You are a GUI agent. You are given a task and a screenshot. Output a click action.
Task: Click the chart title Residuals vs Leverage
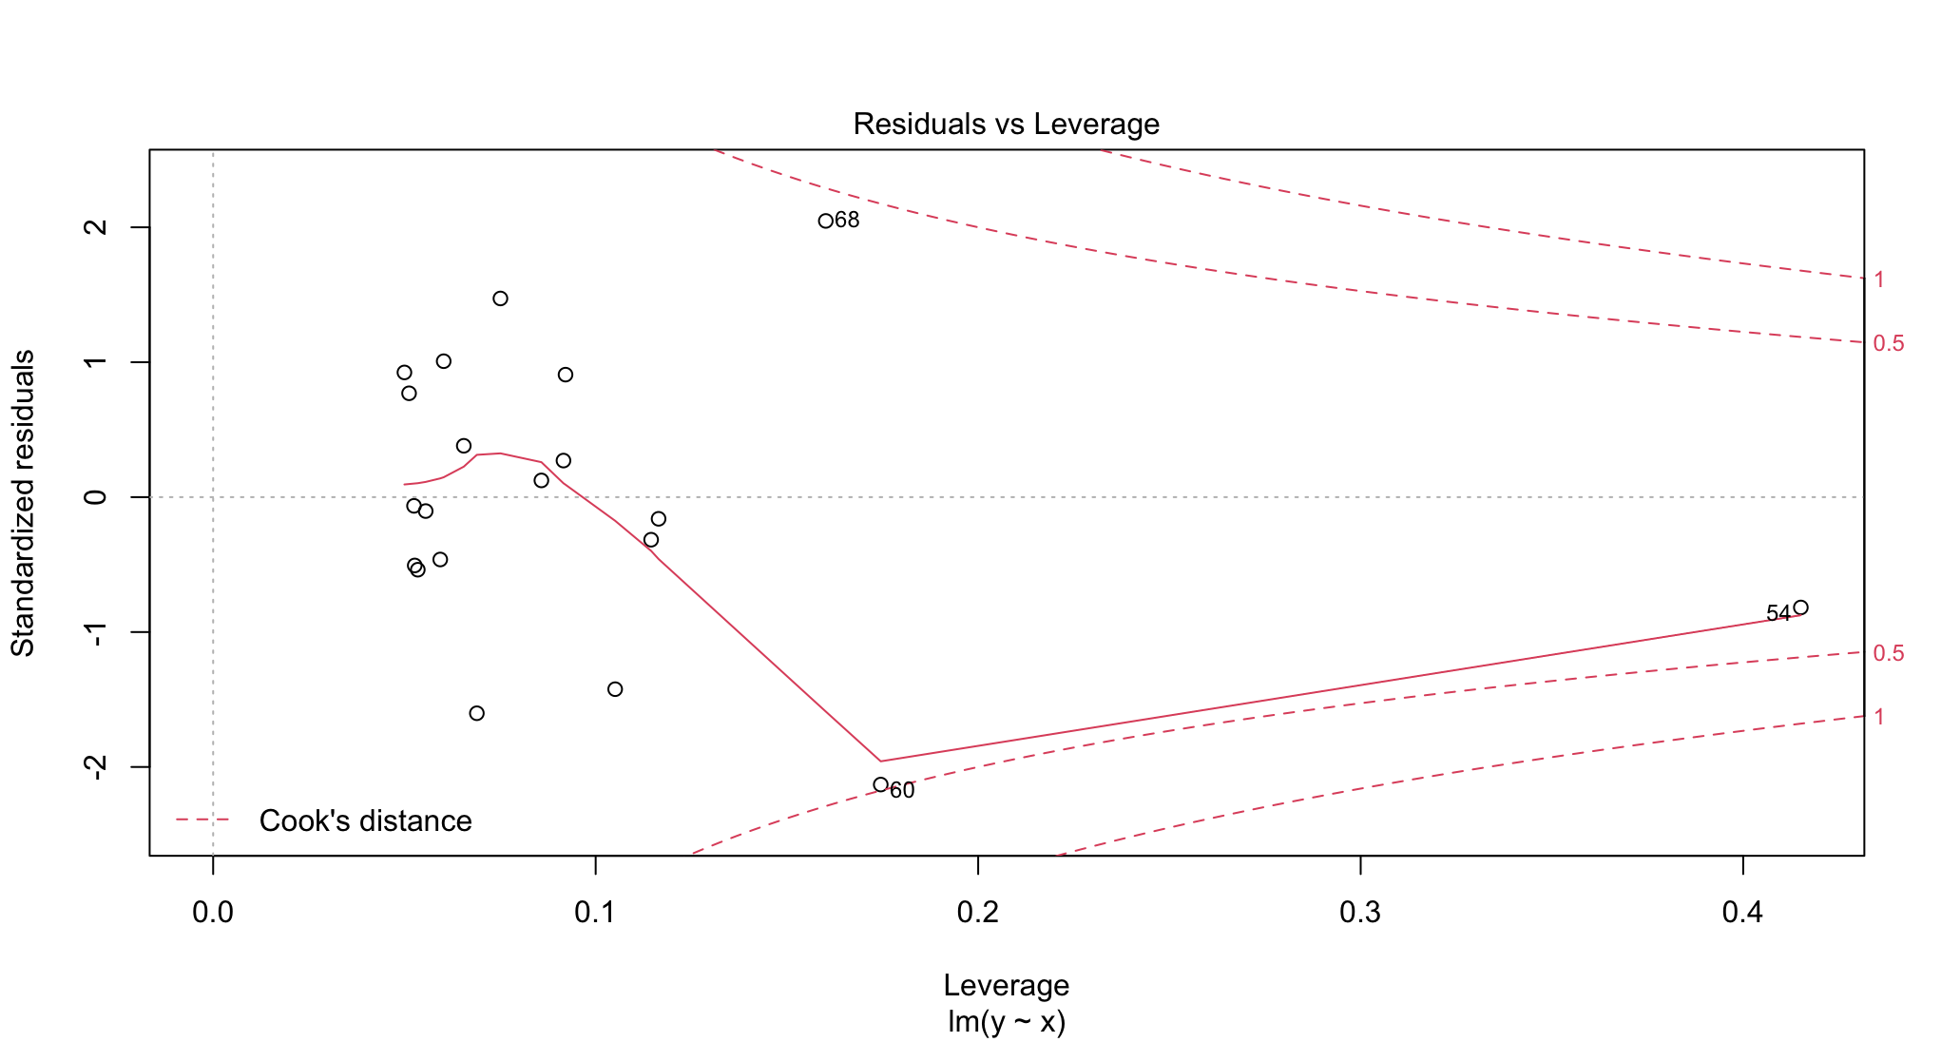coord(1006,124)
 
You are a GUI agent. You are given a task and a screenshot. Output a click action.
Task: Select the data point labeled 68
coord(825,221)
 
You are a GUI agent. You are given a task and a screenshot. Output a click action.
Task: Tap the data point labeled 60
coord(880,784)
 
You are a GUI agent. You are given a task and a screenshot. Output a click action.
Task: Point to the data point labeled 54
coord(1800,608)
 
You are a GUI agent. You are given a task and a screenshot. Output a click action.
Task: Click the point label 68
coord(847,221)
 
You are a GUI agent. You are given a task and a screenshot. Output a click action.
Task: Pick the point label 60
coord(902,791)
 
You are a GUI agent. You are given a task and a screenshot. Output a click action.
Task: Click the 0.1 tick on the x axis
coord(595,913)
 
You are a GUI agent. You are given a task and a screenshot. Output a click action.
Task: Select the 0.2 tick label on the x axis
coord(977,913)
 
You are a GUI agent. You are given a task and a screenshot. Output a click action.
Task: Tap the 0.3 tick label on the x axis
coord(1359,913)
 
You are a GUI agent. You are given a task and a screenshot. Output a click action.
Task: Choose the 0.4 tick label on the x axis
coord(1742,913)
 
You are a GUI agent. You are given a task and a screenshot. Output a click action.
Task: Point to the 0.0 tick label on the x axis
coord(213,913)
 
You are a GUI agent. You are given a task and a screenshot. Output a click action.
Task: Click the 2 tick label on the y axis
coord(96,227)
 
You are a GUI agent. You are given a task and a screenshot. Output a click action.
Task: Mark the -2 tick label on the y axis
coord(96,766)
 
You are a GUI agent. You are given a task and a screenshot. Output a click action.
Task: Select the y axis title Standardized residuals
coord(23,503)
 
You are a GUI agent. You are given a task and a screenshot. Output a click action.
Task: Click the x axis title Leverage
coord(1006,985)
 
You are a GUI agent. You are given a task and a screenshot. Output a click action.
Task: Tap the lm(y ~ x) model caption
coord(1006,1022)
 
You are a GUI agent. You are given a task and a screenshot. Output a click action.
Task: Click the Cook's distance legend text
coord(365,820)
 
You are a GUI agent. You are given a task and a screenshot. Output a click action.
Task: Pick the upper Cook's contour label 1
coord(1879,280)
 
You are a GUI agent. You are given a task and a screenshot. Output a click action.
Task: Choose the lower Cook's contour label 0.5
coord(1888,653)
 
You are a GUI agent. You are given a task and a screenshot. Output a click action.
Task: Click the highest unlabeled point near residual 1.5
coord(500,299)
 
